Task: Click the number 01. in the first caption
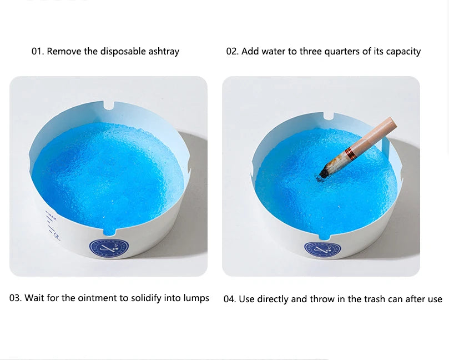[38, 51]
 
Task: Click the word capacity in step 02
[403, 52]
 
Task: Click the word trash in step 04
[375, 299]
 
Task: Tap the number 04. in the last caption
[230, 299]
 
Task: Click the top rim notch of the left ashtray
[109, 105]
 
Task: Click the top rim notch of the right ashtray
[328, 116]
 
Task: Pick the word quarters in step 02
[342, 52]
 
